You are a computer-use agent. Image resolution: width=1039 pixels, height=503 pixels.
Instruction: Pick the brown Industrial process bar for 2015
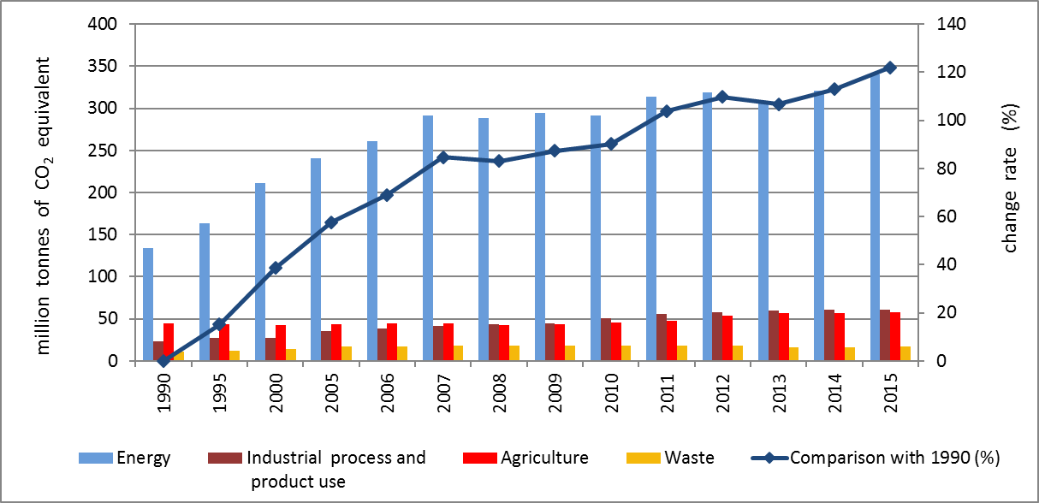coord(884,335)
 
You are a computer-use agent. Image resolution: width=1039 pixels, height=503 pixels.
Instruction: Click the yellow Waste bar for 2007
coord(458,353)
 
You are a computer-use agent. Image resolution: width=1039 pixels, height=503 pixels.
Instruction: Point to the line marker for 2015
coord(889,68)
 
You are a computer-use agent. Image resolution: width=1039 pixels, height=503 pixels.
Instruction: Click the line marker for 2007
coord(442,157)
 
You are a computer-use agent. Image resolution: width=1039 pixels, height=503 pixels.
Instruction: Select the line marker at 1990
coord(163,360)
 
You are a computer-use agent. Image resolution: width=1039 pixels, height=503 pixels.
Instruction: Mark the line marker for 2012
coord(721,97)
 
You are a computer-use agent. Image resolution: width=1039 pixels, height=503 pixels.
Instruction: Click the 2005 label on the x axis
coord(331,390)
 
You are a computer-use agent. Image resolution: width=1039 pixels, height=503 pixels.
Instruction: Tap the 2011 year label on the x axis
coord(666,390)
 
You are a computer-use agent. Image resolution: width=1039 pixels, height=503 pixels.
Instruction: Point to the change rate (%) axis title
coord(1012,185)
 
